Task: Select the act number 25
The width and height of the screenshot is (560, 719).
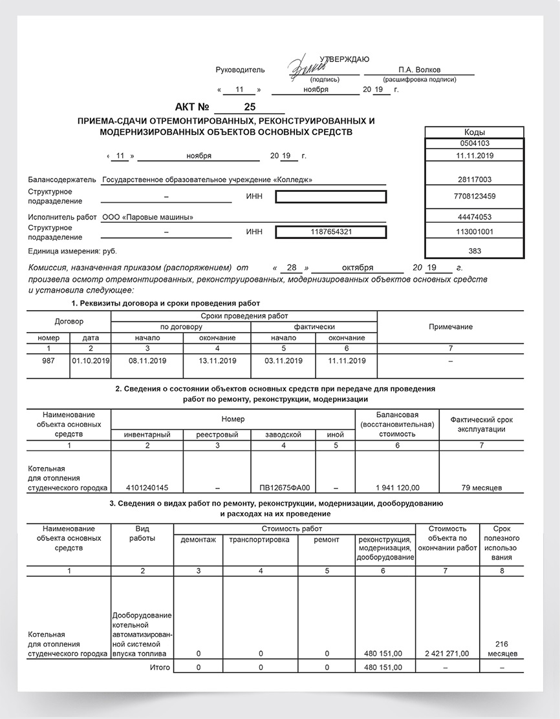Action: click(249, 107)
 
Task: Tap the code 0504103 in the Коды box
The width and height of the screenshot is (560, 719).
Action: click(474, 143)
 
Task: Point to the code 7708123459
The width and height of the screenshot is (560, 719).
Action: click(474, 196)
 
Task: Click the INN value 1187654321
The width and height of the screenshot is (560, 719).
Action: click(330, 232)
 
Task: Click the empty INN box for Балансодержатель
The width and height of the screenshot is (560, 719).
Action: click(330, 196)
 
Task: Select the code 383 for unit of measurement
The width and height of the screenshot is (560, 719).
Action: click(474, 250)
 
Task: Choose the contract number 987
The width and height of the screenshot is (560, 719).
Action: click(48, 360)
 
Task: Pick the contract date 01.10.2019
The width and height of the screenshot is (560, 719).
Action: click(91, 360)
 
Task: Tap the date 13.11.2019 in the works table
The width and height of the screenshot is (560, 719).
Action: click(217, 360)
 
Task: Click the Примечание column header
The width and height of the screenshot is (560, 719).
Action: click(450, 327)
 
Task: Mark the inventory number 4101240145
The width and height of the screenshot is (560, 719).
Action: click(148, 487)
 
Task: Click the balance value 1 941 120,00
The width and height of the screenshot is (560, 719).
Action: click(397, 487)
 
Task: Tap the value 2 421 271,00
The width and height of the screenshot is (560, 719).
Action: click(447, 654)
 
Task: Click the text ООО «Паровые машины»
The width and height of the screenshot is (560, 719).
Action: click(147, 217)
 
